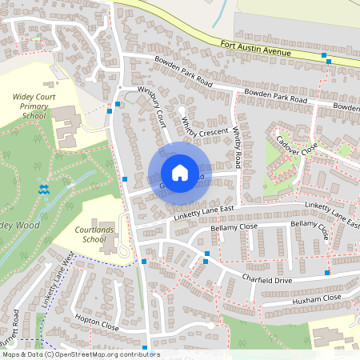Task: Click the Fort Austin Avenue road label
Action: click(x=255, y=49)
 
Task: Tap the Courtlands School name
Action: click(x=105, y=234)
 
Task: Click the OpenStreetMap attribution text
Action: click(x=80, y=354)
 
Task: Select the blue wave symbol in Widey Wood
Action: click(x=44, y=189)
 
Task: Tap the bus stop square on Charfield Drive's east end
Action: click(x=327, y=273)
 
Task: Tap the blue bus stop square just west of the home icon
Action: click(x=125, y=179)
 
